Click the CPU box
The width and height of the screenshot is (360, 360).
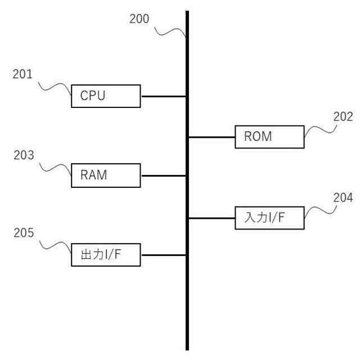click(x=106, y=96)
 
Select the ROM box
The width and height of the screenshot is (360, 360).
click(x=269, y=137)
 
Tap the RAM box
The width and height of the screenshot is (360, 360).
click(x=106, y=175)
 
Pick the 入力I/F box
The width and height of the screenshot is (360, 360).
click(x=269, y=218)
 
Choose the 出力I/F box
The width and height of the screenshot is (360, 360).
click(x=106, y=255)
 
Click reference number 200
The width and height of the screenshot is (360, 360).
click(x=139, y=19)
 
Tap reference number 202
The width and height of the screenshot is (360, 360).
click(x=342, y=117)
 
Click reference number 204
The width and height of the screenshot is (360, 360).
click(x=342, y=197)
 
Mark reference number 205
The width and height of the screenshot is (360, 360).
click(x=24, y=232)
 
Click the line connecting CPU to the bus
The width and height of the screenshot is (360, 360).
click(x=163, y=96)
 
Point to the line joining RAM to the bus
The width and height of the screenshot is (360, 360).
click(x=163, y=175)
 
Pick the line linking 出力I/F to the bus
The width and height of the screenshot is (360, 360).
click(x=163, y=255)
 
